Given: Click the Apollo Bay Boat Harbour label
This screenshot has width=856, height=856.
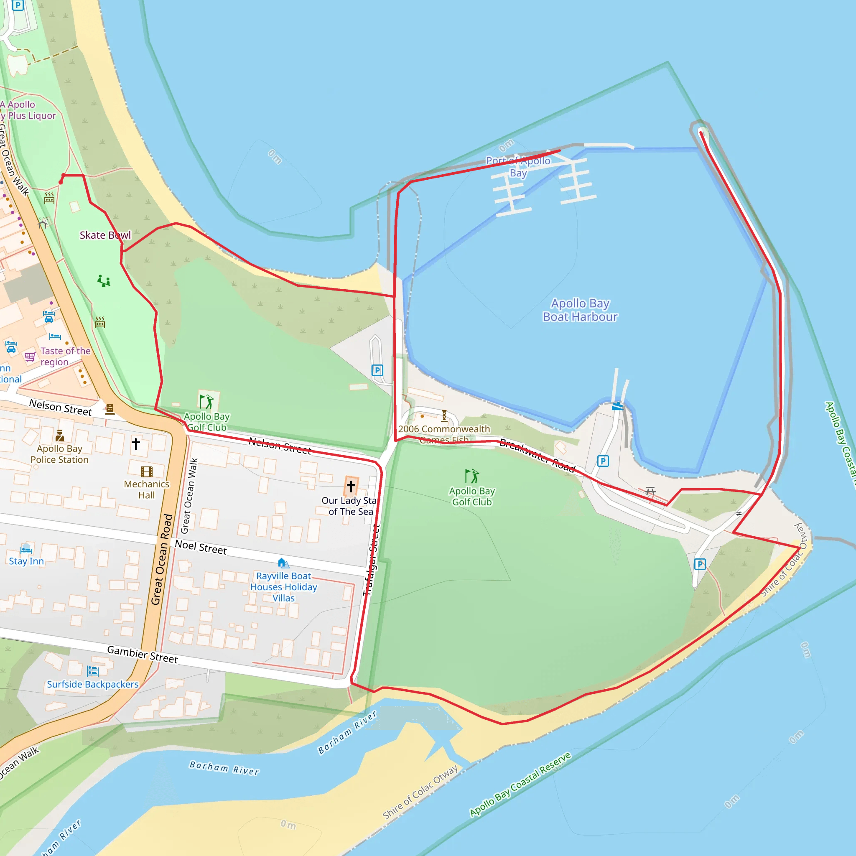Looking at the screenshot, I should (580, 310).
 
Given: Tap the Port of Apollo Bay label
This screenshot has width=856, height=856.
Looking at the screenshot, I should (518, 167).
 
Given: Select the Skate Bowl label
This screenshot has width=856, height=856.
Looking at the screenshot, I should (105, 235).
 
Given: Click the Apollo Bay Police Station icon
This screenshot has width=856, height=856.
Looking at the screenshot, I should (60, 436).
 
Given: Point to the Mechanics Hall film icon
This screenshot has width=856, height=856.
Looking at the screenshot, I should (147, 471).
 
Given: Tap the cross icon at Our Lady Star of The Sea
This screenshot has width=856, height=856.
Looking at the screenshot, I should (351, 486).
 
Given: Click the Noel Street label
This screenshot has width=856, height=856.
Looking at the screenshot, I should (201, 547).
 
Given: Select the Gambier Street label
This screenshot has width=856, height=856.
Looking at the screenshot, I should (142, 655).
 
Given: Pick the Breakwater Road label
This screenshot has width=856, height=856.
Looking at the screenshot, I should (537, 456).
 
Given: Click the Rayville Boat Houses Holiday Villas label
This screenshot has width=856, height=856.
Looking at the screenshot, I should (283, 587).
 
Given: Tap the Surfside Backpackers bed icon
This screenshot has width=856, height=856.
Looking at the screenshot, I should (93, 671).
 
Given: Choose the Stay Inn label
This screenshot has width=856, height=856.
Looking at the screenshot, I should (26, 561).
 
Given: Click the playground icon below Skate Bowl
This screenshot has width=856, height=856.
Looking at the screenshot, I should (104, 281).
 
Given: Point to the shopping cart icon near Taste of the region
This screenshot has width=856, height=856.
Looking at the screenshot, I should (30, 356).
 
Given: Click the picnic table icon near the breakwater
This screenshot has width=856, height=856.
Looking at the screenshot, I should (650, 491).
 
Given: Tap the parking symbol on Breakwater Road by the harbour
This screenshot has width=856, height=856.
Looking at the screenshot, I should (603, 461).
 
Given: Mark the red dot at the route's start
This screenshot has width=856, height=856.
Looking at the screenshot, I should (61, 182).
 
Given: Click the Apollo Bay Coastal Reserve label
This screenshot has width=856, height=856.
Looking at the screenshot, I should (521, 785).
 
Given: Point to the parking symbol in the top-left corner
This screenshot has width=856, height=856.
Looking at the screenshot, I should (18, 5).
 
